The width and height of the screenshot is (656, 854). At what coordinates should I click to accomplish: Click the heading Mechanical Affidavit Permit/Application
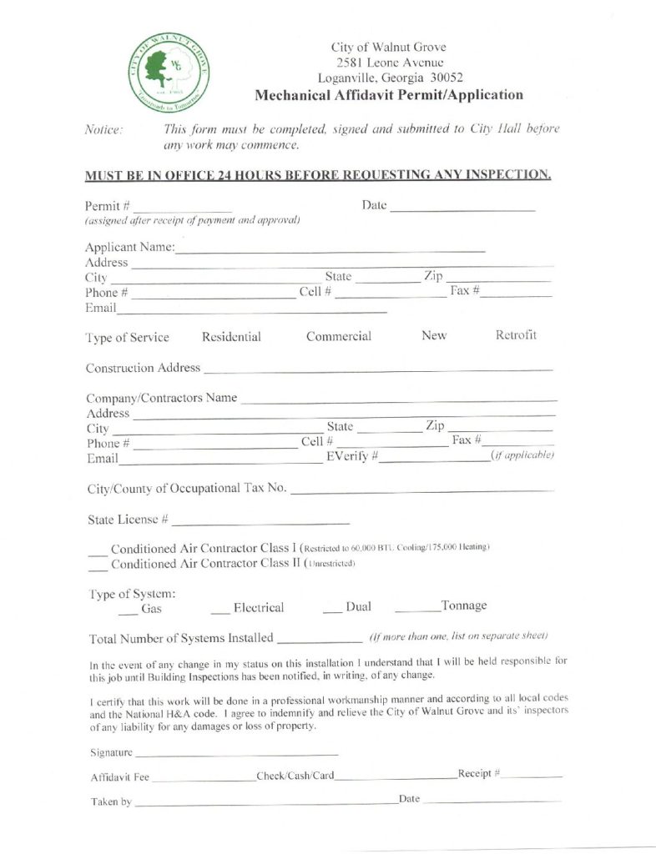pos(389,95)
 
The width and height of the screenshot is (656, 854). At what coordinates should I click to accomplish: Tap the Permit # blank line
pos(182,207)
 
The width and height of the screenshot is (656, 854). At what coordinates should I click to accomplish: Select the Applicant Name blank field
pos(330,249)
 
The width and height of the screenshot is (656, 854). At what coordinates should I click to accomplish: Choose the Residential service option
pos(231,337)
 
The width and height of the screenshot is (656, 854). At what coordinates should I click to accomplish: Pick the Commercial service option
pos(338,337)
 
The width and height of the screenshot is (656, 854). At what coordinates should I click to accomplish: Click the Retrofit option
pos(516,335)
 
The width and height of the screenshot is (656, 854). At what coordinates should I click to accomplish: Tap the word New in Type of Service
pos(434,335)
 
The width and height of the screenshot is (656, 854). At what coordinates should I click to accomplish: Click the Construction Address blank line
pos(377,368)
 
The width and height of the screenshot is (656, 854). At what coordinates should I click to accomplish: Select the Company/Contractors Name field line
pos(398,399)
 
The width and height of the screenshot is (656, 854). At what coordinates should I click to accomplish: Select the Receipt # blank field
pos(532,778)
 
